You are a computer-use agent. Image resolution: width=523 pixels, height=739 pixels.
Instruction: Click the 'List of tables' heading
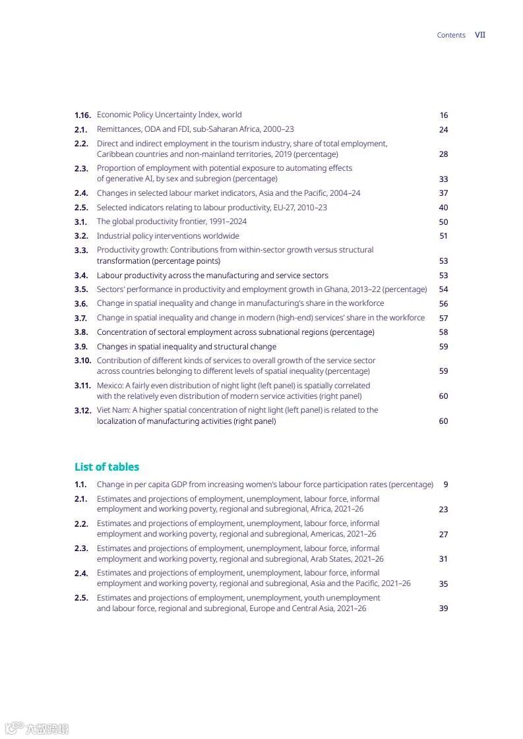point(107,467)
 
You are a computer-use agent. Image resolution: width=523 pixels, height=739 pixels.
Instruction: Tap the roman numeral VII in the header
point(480,35)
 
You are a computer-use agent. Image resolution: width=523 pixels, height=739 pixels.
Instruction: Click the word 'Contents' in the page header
point(451,36)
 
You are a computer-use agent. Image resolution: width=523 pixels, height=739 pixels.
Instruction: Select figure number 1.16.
point(82,115)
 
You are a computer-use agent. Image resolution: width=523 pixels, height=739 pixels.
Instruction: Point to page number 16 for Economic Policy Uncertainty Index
point(444,115)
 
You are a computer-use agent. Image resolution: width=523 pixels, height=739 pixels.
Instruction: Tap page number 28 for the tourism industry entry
point(443,154)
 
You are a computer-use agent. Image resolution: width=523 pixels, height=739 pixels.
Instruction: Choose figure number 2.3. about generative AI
point(81,169)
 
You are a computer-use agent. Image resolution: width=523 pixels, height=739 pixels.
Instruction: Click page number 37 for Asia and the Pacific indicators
point(443,193)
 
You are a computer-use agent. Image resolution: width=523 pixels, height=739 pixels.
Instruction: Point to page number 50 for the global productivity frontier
point(443,222)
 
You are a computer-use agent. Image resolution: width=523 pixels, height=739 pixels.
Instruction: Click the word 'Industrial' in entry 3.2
point(113,236)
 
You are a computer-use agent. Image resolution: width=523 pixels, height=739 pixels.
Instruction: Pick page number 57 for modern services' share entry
point(443,318)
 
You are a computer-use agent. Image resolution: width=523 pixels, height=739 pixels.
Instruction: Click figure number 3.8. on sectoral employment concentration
point(81,332)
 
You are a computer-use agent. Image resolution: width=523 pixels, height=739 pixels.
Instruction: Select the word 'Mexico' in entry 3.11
point(109,386)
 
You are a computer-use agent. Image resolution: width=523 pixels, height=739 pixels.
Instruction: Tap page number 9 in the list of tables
point(446,485)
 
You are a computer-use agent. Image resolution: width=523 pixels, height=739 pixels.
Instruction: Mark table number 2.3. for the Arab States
point(81,548)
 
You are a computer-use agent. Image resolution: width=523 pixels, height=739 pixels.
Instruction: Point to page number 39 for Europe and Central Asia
point(443,608)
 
